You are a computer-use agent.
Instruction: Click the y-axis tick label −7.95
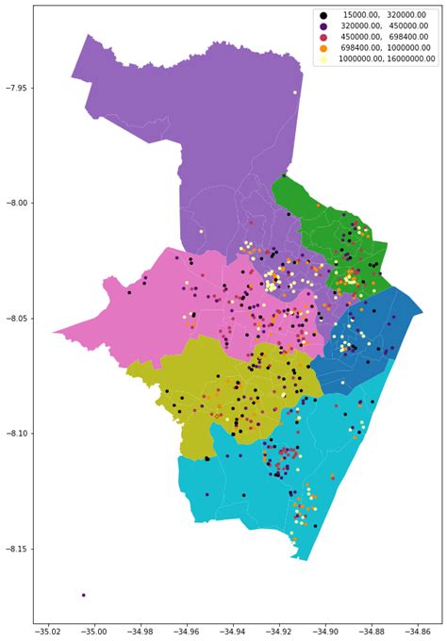coord(16,88)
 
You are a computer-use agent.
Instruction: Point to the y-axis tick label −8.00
coord(16,203)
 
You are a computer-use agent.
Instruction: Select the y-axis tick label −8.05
coord(16,319)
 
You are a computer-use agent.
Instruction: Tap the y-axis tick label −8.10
coord(16,434)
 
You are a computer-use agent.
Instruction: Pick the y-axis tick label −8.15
coord(16,550)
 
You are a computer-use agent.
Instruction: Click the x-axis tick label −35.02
coord(49,632)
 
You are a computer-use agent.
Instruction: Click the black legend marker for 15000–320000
coord(323,16)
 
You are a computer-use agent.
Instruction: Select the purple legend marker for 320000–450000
coord(323,26)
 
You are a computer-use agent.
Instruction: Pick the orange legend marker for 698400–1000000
coord(323,48)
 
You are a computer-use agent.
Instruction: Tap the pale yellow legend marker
coord(323,58)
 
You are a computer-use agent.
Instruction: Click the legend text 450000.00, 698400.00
coord(384,38)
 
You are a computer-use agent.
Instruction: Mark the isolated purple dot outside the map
coord(83,595)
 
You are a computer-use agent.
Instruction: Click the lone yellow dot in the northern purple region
coord(294,92)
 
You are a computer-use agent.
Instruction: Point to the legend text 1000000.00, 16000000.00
coord(384,58)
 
